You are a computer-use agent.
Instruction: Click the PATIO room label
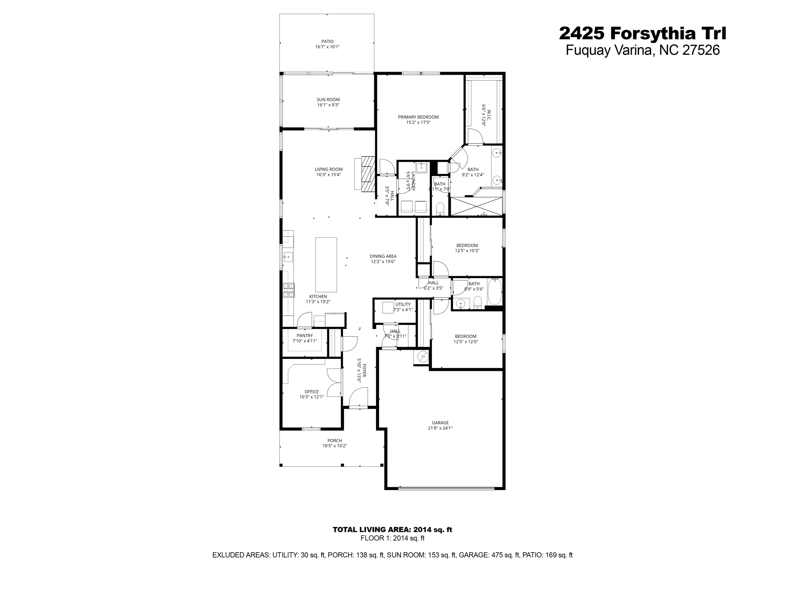tap(327, 41)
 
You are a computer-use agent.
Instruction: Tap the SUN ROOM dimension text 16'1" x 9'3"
tap(328, 105)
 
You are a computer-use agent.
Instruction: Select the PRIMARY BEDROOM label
tap(418, 117)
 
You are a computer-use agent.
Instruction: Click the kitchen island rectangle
tap(326, 265)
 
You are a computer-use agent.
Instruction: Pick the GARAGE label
tap(440, 423)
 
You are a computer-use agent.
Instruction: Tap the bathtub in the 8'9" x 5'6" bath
tap(494, 292)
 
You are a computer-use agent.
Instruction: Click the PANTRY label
tap(305, 336)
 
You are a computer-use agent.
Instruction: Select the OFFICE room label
tap(312, 392)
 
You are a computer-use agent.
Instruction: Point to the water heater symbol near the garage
tap(423, 357)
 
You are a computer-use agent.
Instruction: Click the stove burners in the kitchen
tap(289, 290)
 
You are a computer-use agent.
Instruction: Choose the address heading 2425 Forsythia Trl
tap(642, 33)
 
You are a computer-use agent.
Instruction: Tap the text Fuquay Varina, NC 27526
tap(643, 50)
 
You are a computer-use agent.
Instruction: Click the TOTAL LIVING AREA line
tap(392, 530)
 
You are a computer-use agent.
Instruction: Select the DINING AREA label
tap(383, 257)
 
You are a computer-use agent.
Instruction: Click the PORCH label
tap(335, 441)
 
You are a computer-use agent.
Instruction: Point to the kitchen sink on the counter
tap(288, 257)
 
